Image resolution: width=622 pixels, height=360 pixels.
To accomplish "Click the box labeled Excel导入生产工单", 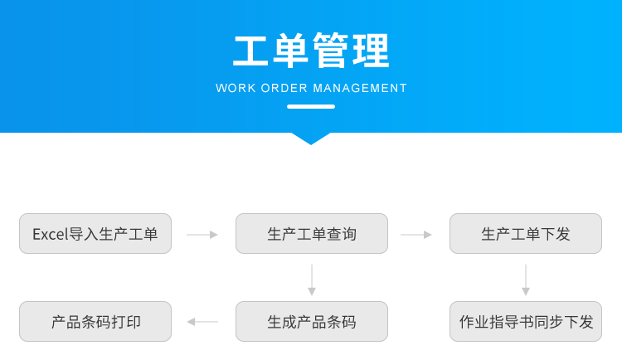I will click(95, 234).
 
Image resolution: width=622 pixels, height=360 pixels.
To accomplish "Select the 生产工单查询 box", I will click(311, 234).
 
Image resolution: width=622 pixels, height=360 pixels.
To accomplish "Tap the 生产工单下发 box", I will click(526, 234).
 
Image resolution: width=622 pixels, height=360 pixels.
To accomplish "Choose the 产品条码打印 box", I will click(95, 322).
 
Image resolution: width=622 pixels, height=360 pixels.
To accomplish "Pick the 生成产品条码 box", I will click(311, 322).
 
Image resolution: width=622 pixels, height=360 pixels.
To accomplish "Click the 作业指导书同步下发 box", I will click(526, 322).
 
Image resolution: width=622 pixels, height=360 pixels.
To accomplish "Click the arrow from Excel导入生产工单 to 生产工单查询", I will click(202, 235).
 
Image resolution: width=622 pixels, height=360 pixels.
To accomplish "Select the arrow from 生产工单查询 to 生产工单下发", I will click(416, 235).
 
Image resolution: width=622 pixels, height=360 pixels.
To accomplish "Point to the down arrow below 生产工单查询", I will click(312, 280).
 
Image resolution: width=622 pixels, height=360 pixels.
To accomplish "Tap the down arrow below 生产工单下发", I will click(526, 280).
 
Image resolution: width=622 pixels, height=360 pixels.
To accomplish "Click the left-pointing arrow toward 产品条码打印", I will click(202, 322).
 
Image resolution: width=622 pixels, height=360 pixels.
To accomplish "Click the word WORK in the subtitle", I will click(235, 88).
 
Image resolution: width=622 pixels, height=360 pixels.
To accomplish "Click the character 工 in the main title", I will click(251, 51).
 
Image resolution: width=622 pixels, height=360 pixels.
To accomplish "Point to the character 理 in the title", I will click(370, 51).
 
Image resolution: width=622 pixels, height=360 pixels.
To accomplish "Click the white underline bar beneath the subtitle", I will click(311, 106).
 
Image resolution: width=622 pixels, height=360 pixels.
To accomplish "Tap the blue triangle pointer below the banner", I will click(311, 138).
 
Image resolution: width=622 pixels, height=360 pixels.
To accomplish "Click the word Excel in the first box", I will click(49, 234).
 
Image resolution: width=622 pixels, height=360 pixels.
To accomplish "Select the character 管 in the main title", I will click(330, 51).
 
